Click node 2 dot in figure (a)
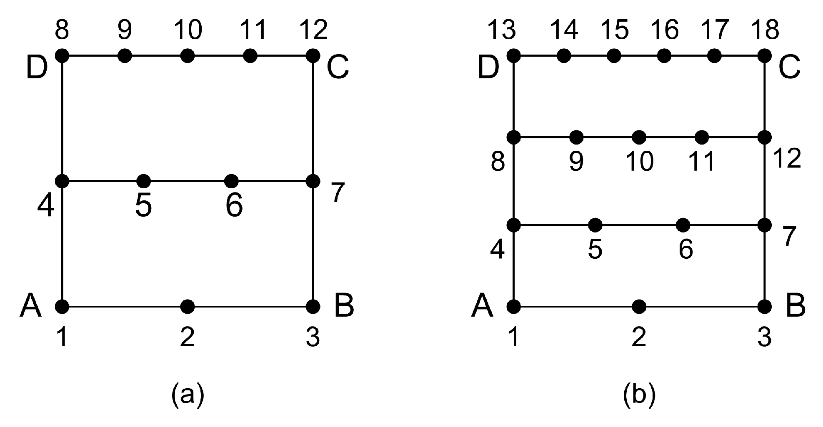188,307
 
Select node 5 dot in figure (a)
143,181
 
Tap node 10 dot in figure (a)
188,55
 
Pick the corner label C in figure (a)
338,69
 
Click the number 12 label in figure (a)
313,30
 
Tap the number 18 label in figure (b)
765,30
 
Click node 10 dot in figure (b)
639,137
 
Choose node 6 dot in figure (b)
683,225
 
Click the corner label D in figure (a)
37,69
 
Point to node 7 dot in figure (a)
313,181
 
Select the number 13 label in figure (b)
503,30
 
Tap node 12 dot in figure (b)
765,137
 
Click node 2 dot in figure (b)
639,307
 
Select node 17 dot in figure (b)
714,55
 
